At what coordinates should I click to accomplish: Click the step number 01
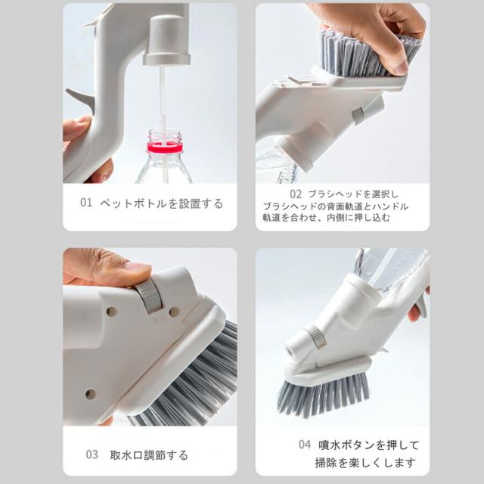click(x=87, y=203)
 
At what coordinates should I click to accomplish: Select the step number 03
click(x=92, y=455)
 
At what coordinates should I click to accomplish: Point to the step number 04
click(x=304, y=445)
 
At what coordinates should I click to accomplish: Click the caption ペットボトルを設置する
click(x=162, y=203)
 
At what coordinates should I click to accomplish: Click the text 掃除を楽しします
click(x=365, y=462)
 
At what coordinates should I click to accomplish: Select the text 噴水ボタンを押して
click(x=368, y=445)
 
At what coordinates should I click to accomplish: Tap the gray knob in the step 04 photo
click(x=315, y=337)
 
